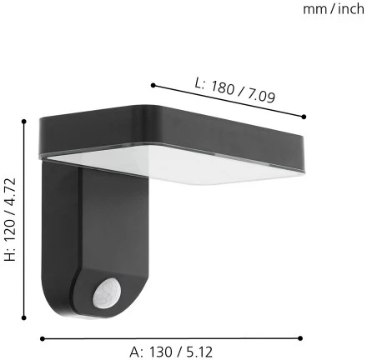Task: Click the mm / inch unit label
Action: pyautogui.click(x=334, y=9)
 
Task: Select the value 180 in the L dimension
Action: pyautogui.click(x=222, y=87)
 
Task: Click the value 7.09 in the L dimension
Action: pyautogui.click(x=260, y=96)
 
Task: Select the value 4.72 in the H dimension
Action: pyautogui.click(x=10, y=192)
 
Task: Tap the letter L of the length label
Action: pyautogui.click(x=199, y=82)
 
